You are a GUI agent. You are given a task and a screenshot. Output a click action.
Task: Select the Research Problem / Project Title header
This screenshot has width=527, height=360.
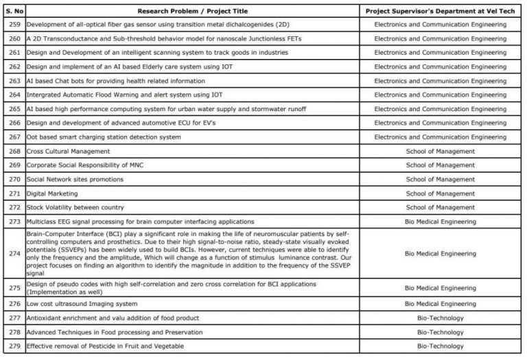pyautogui.click(x=191, y=11)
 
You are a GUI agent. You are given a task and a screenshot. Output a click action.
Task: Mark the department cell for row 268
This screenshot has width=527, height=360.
pyautogui.click(x=440, y=151)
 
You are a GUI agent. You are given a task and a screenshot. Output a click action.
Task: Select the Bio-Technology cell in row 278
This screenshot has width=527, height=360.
pyautogui.click(x=440, y=332)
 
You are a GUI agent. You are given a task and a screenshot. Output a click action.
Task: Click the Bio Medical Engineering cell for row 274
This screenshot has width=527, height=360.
pyautogui.click(x=440, y=254)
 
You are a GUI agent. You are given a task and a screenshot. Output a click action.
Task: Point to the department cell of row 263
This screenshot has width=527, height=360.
pyautogui.click(x=440, y=81)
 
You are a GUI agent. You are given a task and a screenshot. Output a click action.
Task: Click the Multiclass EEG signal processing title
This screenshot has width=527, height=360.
pyautogui.click(x=140, y=221)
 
